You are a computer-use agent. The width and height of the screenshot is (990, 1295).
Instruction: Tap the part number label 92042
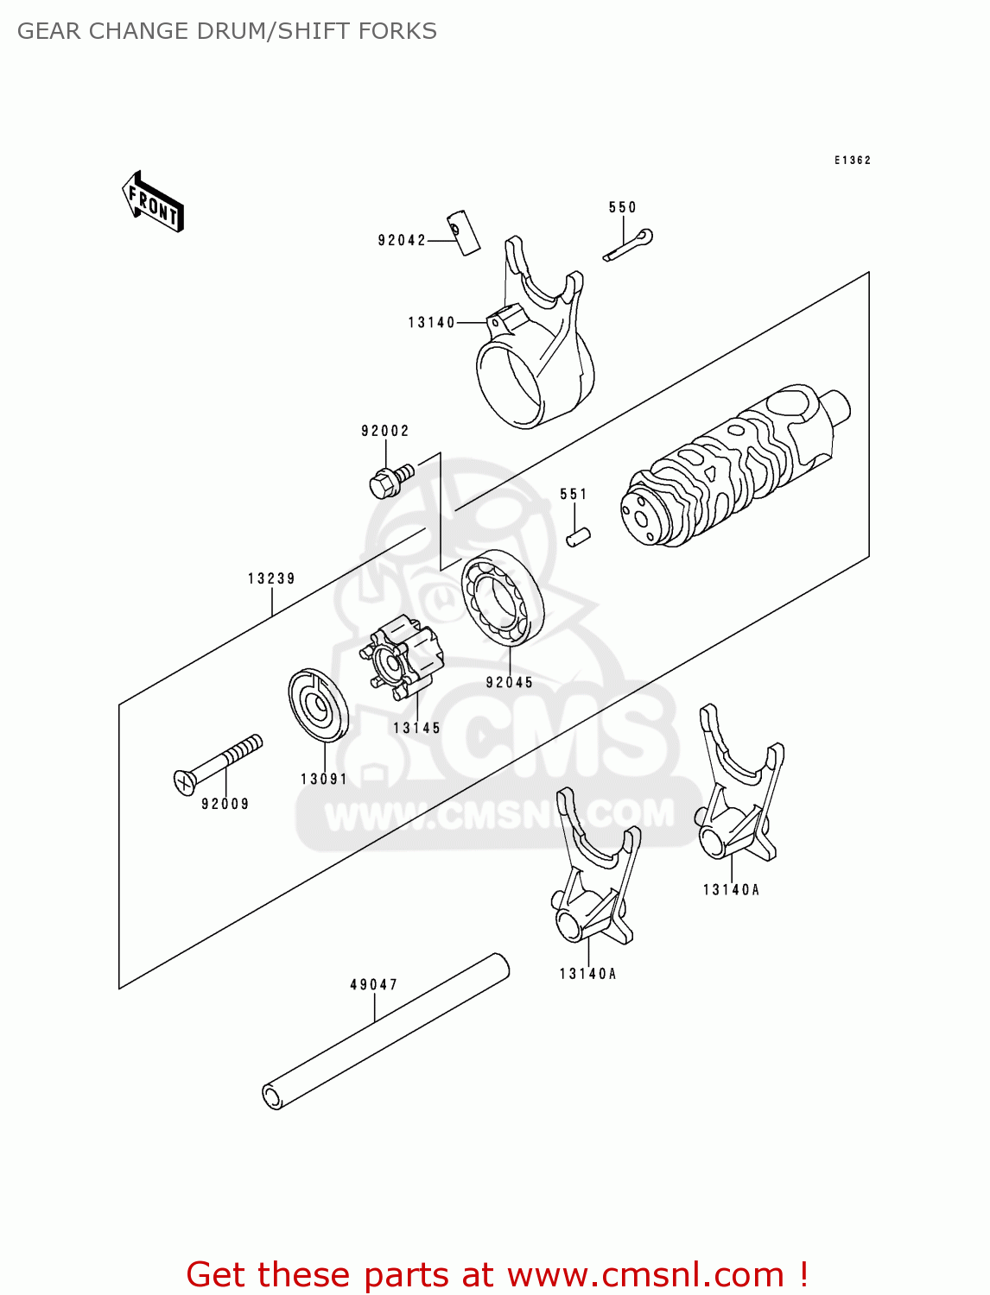402,241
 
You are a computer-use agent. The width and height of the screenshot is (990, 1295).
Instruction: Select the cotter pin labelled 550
628,245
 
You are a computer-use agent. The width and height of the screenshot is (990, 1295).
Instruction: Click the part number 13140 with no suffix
431,323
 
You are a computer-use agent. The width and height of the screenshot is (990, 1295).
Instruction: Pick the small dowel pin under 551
578,536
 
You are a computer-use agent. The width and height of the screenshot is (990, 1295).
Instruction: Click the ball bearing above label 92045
502,597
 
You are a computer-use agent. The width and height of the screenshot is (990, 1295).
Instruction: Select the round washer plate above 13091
318,704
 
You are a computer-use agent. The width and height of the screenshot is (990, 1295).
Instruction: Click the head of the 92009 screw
185,781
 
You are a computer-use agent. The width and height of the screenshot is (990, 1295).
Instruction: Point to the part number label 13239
271,579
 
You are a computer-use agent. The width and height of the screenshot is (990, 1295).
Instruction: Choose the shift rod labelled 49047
385,1032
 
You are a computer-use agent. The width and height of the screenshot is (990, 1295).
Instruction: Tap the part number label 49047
373,985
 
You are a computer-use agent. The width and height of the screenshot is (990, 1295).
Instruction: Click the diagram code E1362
852,161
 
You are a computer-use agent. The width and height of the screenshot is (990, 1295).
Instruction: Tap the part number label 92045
509,683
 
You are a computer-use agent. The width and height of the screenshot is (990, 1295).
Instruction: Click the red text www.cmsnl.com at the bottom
645,1274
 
